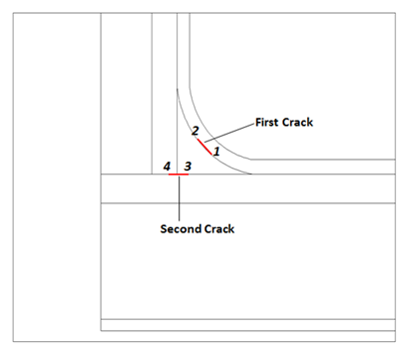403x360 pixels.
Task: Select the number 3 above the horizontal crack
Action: [188, 165]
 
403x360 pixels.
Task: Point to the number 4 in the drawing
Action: [168, 165]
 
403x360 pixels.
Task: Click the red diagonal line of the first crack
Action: [206, 148]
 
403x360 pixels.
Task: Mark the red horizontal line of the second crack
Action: [179, 175]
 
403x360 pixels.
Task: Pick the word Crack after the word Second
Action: [219, 228]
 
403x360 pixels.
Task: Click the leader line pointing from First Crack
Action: [232, 130]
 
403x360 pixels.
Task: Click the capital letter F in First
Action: [260, 122]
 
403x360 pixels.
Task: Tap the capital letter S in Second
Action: [165, 228]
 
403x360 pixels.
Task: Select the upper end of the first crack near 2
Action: [199, 140]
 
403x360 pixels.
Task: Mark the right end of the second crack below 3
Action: [188, 175]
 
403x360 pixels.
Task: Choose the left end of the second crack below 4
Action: [170, 175]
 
